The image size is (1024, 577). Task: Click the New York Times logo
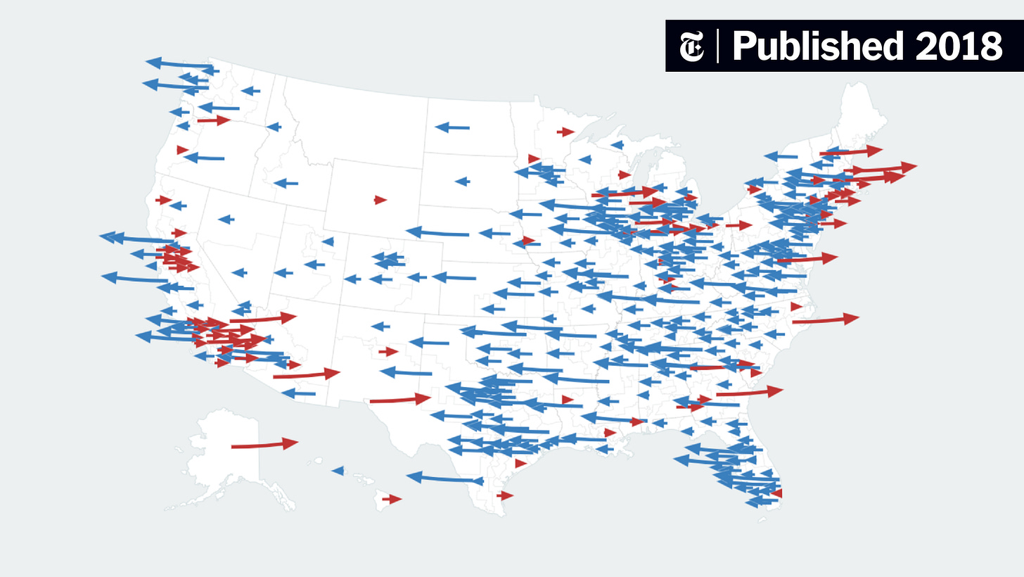pyautogui.click(x=691, y=46)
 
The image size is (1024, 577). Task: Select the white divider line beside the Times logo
pyautogui.click(x=717, y=46)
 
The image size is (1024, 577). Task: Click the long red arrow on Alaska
pyautogui.click(x=264, y=444)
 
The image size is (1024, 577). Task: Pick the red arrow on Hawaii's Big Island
pyautogui.click(x=392, y=499)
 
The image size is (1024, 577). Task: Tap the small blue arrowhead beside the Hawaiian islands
pyautogui.click(x=338, y=470)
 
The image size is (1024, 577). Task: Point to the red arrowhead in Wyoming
pyautogui.click(x=380, y=200)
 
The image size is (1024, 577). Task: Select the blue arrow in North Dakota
pyautogui.click(x=452, y=127)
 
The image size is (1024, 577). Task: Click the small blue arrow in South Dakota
pyautogui.click(x=462, y=181)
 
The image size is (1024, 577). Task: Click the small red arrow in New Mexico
pyautogui.click(x=388, y=351)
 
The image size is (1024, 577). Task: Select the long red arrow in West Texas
pyautogui.click(x=399, y=400)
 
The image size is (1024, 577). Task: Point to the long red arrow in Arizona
pyautogui.click(x=306, y=374)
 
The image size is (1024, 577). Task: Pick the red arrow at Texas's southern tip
pyautogui.click(x=504, y=495)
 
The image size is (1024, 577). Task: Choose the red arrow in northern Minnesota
pyautogui.click(x=565, y=132)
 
